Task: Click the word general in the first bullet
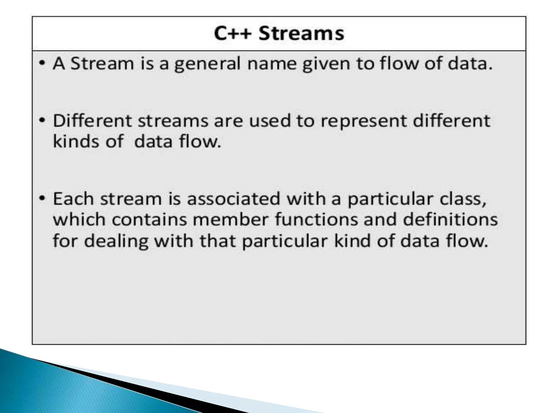coord(207,64)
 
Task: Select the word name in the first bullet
coord(272,64)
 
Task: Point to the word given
coord(326,64)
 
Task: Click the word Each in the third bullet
coord(73,199)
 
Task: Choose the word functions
coord(316,219)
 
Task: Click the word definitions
coord(450,219)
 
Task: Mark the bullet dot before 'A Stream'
coord(42,64)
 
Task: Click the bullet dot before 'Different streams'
coord(42,120)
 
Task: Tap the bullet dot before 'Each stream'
coord(42,198)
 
